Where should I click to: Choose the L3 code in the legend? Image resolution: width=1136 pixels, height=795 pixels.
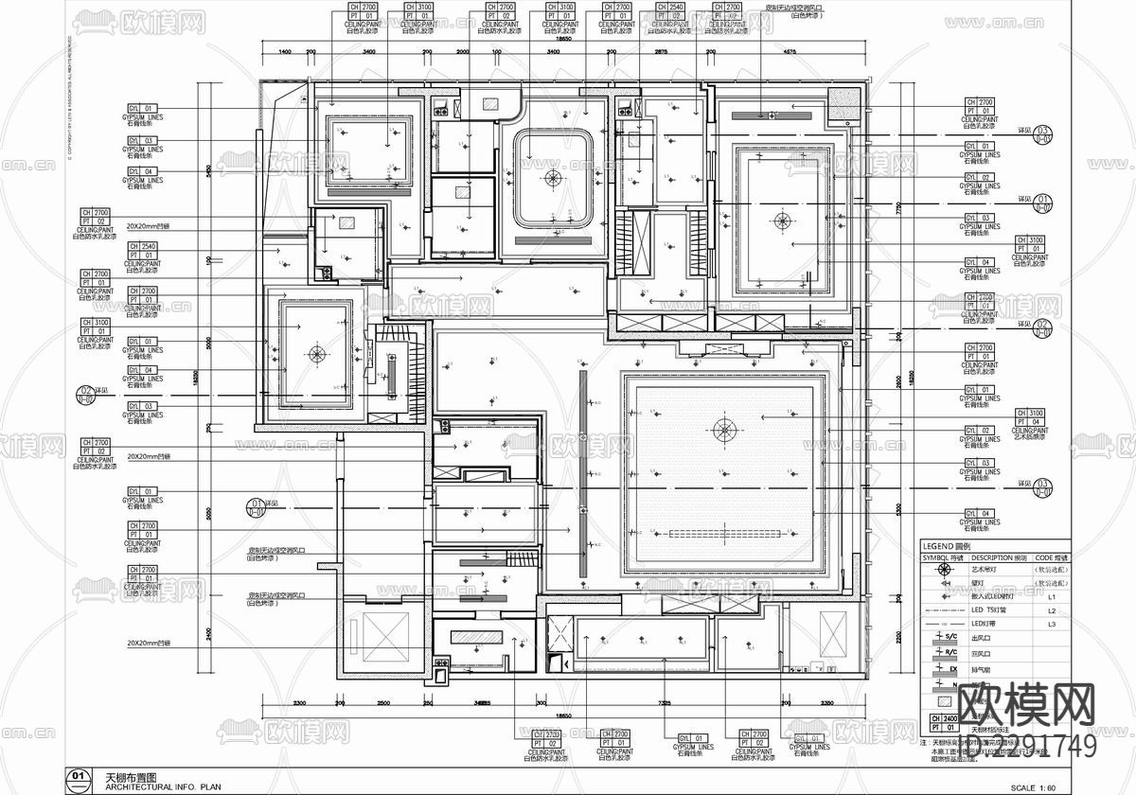[x=1051, y=625]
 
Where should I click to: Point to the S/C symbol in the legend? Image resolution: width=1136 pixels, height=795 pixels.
[x=941, y=640]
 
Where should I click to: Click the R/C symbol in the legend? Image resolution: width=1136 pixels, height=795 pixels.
[x=941, y=654]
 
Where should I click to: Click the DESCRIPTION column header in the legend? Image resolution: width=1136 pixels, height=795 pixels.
[x=999, y=558]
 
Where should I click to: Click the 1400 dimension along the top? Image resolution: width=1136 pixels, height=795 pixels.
[x=285, y=52]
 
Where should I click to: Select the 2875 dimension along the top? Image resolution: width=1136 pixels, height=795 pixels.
[x=661, y=52]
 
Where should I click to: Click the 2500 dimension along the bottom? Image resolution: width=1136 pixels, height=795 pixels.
[x=383, y=704]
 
